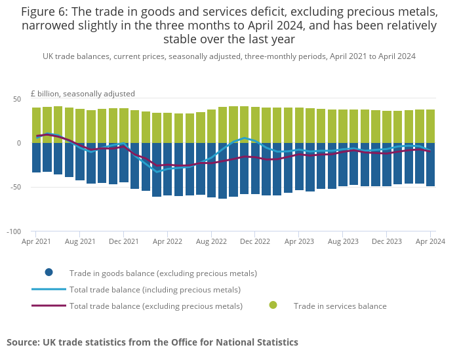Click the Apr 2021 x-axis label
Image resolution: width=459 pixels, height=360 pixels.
(x=36, y=241)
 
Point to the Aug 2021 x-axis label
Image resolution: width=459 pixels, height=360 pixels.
(x=80, y=241)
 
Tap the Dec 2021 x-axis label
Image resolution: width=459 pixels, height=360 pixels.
(x=123, y=241)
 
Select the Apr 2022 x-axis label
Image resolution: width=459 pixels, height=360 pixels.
(x=167, y=241)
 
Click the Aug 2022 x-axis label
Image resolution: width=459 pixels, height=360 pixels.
(x=211, y=241)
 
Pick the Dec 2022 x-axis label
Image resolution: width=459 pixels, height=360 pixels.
(x=255, y=241)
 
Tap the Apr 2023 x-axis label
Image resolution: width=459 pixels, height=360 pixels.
(x=298, y=241)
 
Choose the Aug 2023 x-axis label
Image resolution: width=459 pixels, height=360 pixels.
(x=342, y=241)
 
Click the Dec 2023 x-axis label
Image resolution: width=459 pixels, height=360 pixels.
(x=386, y=241)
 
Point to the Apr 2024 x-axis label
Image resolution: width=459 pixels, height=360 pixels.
(x=429, y=241)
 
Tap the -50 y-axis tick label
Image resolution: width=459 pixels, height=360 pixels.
(x=15, y=188)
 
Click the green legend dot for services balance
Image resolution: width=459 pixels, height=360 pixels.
(x=273, y=305)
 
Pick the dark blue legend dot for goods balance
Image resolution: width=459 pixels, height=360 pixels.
(x=49, y=273)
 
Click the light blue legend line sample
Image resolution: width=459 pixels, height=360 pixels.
(x=49, y=289)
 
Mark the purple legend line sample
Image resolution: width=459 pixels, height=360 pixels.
(x=49, y=306)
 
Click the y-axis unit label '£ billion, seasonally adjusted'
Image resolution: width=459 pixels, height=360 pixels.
(x=83, y=94)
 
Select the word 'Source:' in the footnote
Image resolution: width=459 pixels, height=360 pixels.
(x=23, y=342)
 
